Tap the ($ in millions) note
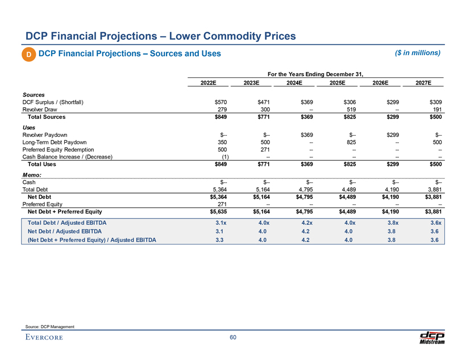[x=417, y=53]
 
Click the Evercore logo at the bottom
[x=44, y=338]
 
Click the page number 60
[x=232, y=338]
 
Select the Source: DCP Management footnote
[x=50, y=325]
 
